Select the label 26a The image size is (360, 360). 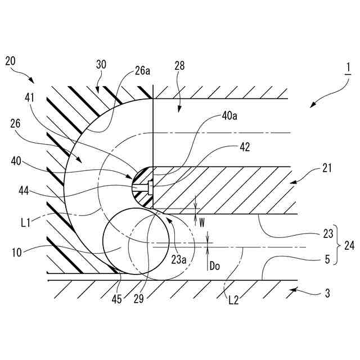tap(142, 72)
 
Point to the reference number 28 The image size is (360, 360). tap(179, 66)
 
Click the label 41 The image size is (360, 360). tap(30, 97)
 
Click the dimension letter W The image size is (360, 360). tap(202, 222)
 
